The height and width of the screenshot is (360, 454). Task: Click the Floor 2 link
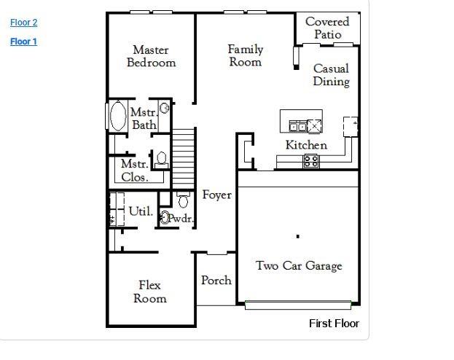[23, 23]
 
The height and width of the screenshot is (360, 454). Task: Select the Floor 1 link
[23, 42]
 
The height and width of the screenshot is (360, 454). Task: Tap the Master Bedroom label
[151, 56]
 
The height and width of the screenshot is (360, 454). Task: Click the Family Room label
[245, 55]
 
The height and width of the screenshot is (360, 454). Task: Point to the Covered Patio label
[327, 28]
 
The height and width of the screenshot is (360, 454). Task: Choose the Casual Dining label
[331, 75]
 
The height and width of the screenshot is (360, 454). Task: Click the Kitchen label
[306, 145]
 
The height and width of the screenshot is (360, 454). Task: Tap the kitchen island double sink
[298, 126]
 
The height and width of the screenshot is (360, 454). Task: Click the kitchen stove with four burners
[310, 162]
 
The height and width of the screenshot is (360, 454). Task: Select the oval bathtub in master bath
[117, 117]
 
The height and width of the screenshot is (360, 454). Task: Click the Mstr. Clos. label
[135, 171]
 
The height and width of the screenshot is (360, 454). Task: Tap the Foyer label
[217, 195]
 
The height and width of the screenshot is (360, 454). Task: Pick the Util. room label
[141, 211]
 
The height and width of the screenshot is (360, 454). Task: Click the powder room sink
[165, 217]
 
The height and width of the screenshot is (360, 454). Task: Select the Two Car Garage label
[298, 266]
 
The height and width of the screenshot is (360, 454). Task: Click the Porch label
[216, 280]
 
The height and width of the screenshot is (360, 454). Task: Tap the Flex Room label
[150, 291]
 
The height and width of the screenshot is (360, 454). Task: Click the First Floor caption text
[334, 324]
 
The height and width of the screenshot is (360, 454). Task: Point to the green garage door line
[298, 302]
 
